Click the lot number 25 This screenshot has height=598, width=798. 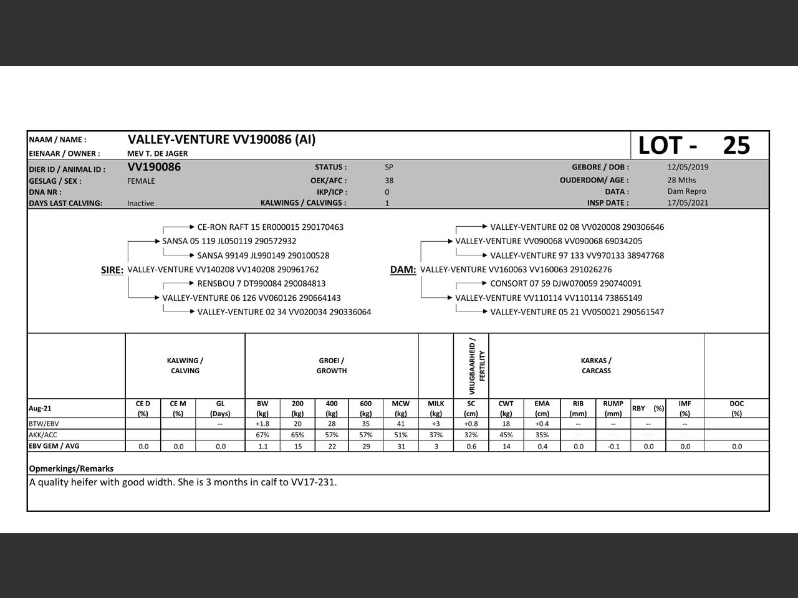pyautogui.click(x=736, y=145)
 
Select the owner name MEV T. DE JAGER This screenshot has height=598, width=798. pyautogui.click(x=157, y=153)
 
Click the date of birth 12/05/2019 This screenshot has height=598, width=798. pyautogui.click(x=688, y=167)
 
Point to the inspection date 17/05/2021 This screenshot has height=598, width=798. pyautogui.click(x=688, y=202)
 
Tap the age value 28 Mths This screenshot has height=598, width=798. pyautogui.click(x=681, y=180)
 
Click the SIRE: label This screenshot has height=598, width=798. pyautogui.click(x=112, y=270)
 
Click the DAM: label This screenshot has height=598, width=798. pyautogui.click(x=403, y=270)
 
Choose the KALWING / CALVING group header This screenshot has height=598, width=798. pyautogui.click(x=185, y=366)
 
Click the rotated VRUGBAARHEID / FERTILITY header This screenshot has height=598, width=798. pyautogui.click(x=477, y=366)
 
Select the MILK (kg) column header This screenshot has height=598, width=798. pyautogui.click(x=436, y=408)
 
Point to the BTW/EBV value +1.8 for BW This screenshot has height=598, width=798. pyautogui.click(x=262, y=424)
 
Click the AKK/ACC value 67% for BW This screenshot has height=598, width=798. pyautogui.click(x=262, y=435)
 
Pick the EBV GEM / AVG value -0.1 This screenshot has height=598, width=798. pyautogui.click(x=613, y=447)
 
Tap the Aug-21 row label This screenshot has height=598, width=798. pyautogui.click(x=40, y=409)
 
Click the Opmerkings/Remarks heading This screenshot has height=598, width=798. pyautogui.click(x=71, y=468)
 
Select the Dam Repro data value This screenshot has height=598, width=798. pyautogui.click(x=686, y=191)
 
